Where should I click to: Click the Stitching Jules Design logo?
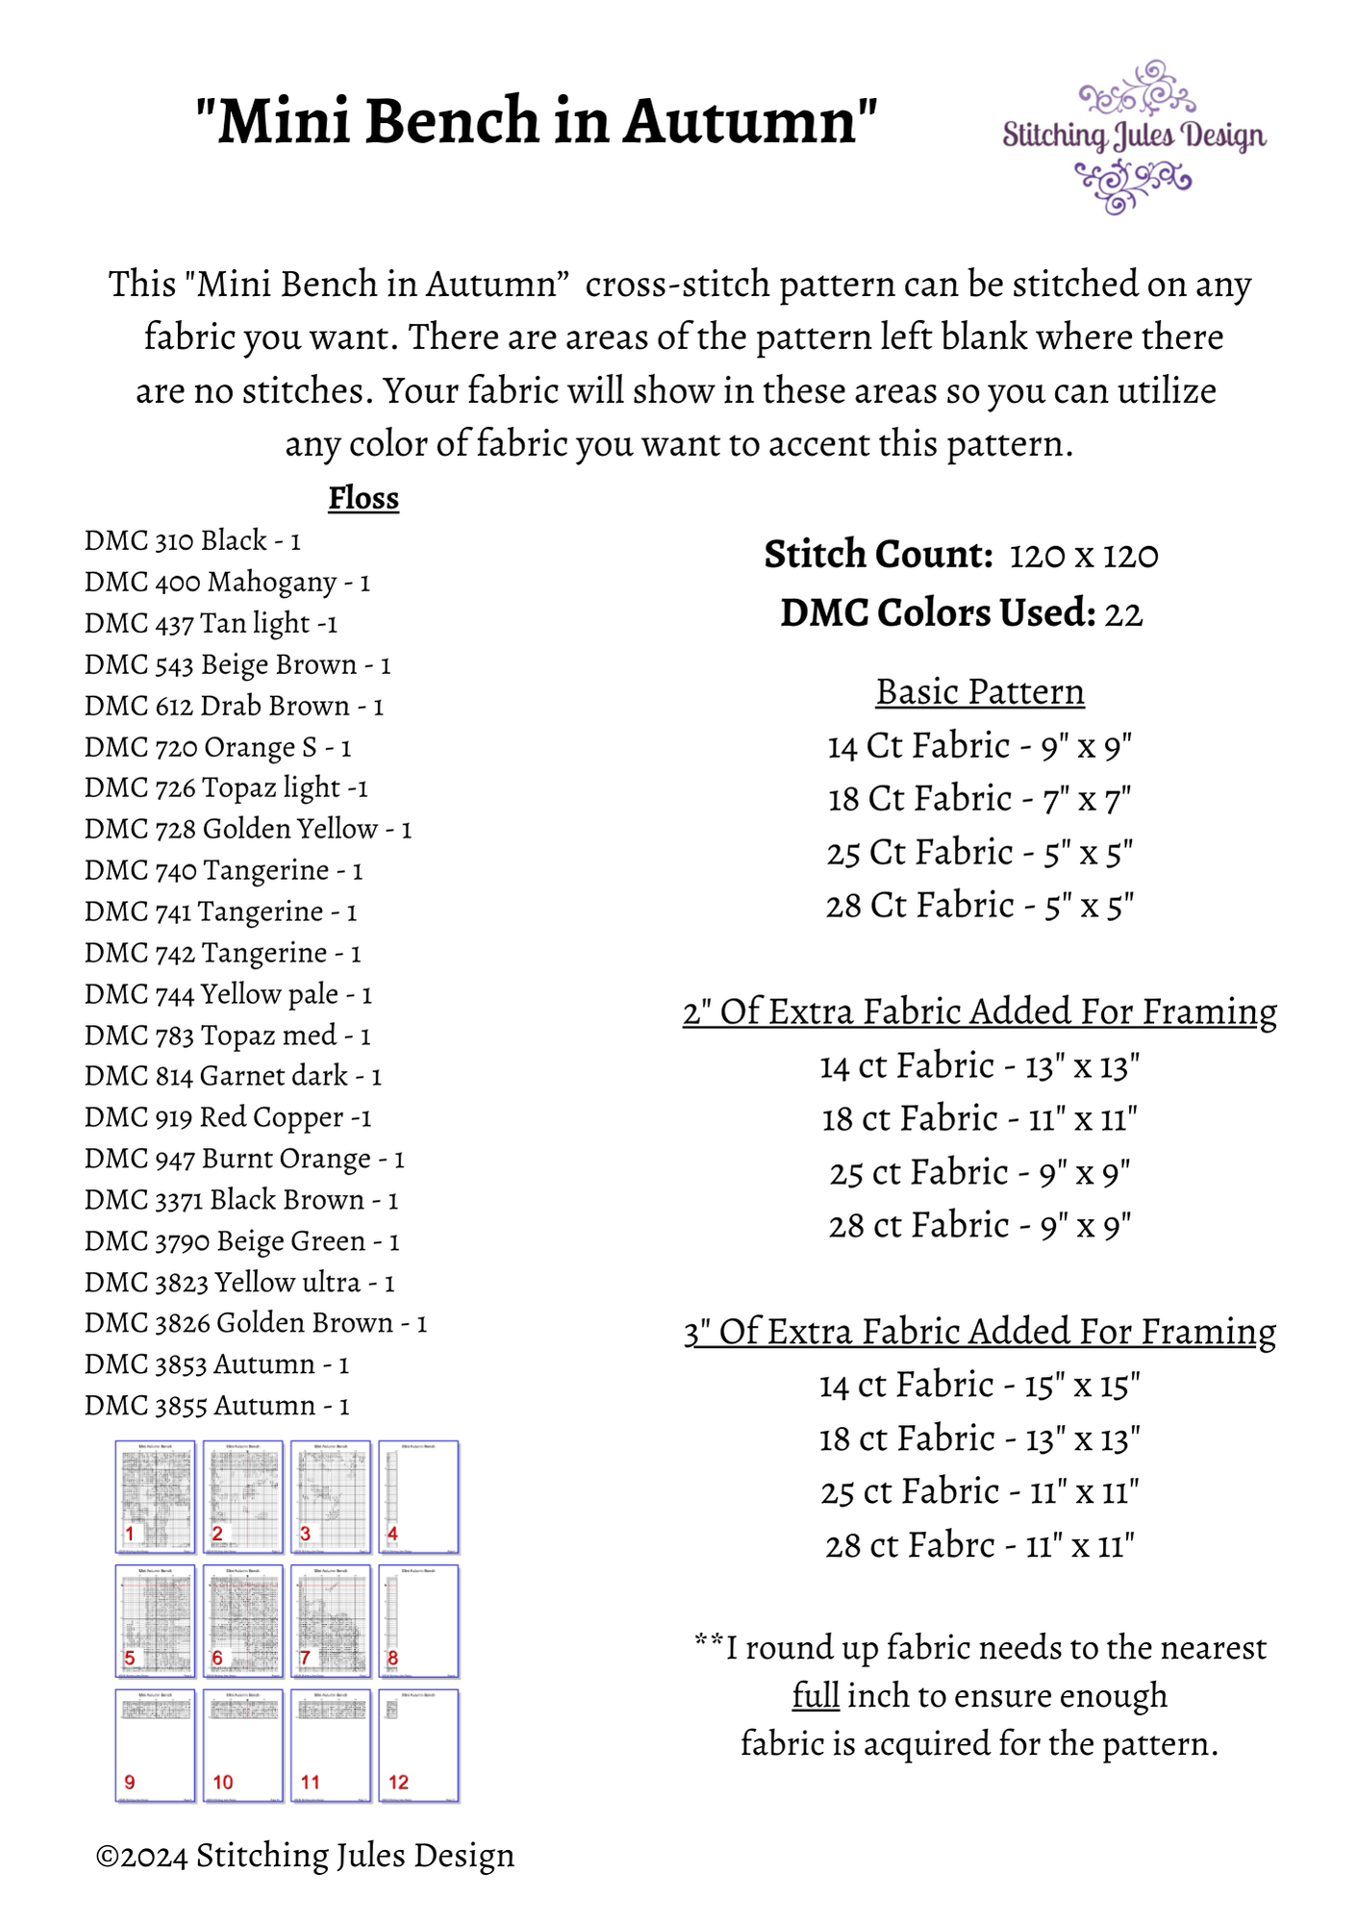tap(1134, 137)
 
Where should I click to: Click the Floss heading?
tap(363, 498)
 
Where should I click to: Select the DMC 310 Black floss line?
tap(192, 540)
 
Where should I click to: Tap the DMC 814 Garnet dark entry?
tap(233, 1076)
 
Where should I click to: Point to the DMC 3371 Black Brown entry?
tap(240, 1200)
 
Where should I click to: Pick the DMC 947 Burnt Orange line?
tap(244, 1159)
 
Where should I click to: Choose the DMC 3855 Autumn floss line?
tap(216, 1406)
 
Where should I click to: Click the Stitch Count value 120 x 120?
tap(1084, 556)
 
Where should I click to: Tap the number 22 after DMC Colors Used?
tap(1123, 614)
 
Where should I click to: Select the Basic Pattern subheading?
tap(979, 692)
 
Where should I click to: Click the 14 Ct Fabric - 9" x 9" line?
tap(979, 746)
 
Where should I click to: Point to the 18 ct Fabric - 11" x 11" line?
tap(979, 1119)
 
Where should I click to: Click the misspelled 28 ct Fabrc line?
tap(979, 1545)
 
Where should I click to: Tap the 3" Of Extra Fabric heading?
tap(979, 1332)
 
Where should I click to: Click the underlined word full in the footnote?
tap(816, 1695)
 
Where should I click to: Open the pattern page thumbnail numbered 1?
tap(155, 1496)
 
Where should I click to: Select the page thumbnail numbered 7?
tap(331, 1621)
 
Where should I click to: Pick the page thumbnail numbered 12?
tap(418, 1745)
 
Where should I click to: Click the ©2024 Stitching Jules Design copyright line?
tap(305, 1855)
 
